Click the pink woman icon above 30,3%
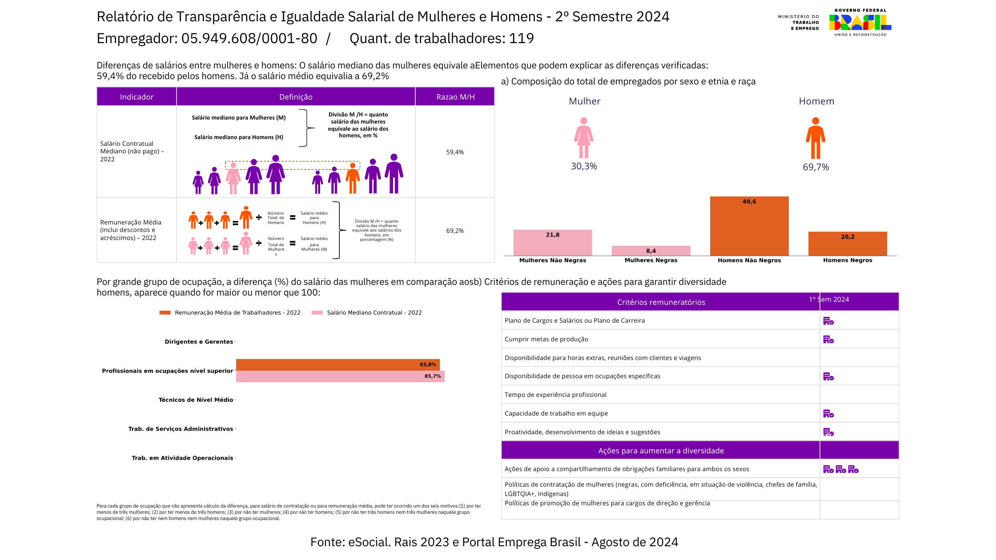click(x=583, y=138)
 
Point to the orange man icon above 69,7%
click(x=815, y=138)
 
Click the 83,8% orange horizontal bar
click(x=337, y=364)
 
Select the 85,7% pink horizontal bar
click(x=340, y=376)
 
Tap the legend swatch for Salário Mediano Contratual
click(x=317, y=313)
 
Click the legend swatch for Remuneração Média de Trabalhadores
click(x=165, y=313)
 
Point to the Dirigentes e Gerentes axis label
click(x=199, y=342)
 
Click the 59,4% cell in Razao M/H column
click(x=455, y=152)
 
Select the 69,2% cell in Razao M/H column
click(x=455, y=231)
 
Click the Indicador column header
click(x=137, y=97)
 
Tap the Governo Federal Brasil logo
click(x=860, y=22)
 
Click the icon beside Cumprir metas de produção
click(x=828, y=340)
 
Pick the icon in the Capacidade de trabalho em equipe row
click(x=828, y=414)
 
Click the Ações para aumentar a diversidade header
click(x=661, y=451)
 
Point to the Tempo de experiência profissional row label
click(x=555, y=395)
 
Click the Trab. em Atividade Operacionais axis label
click(x=182, y=458)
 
